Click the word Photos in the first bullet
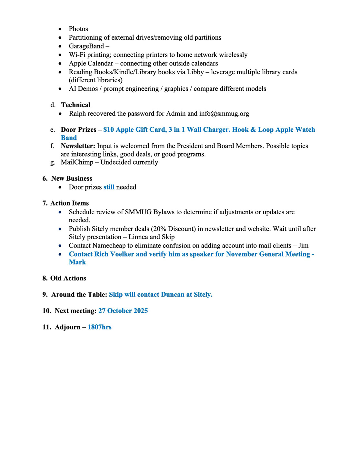(x=78, y=29)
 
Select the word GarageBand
(x=86, y=46)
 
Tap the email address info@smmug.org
(x=224, y=114)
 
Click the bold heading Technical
(x=76, y=105)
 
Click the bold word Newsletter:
(x=78, y=146)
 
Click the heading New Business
(x=71, y=178)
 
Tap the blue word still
(x=109, y=187)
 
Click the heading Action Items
(x=69, y=203)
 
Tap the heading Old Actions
(x=68, y=278)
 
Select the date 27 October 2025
(x=123, y=311)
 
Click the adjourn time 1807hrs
(x=99, y=327)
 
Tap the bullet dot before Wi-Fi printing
(x=60, y=55)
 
